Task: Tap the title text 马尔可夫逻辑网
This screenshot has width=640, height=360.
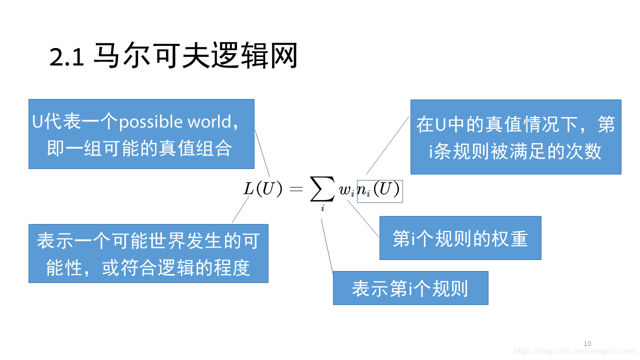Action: [x=195, y=56]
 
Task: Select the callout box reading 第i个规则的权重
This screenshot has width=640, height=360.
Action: [x=460, y=238]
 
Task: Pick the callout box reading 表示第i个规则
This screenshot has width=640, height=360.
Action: [x=410, y=288]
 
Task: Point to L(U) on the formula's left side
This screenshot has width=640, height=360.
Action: [x=263, y=189]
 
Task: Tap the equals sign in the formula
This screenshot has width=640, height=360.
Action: [x=296, y=189]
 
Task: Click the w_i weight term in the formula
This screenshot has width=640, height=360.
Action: [x=346, y=190]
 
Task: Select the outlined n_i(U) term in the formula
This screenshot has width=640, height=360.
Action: [x=379, y=190]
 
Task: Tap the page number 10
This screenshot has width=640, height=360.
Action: [x=587, y=343]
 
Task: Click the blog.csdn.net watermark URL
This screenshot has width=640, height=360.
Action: [x=574, y=351]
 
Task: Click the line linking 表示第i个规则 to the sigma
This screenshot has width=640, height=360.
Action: [x=327, y=245]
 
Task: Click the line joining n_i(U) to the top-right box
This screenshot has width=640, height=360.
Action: [x=387, y=145]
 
